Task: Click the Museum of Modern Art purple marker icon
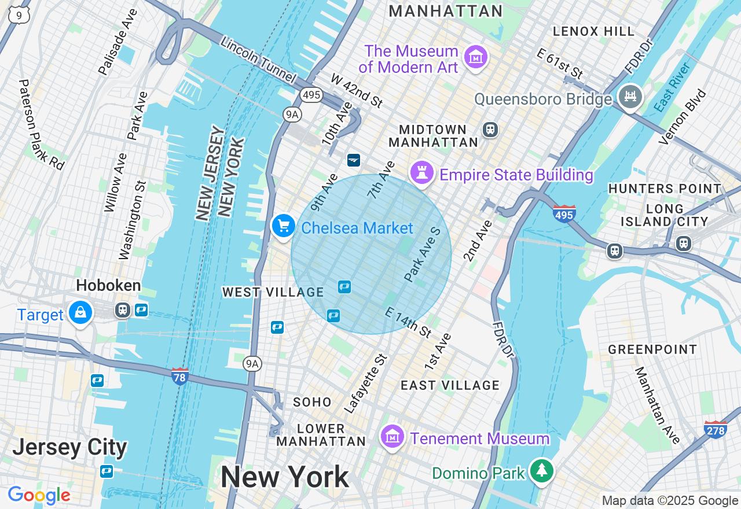pyautogui.click(x=476, y=57)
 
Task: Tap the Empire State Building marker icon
pyautogui.click(x=422, y=172)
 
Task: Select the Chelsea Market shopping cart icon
pyautogui.click(x=283, y=226)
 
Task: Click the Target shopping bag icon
pyautogui.click(x=80, y=313)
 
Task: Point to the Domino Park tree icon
pyautogui.click(x=541, y=471)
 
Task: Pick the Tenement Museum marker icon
pyautogui.click(x=392, y=437)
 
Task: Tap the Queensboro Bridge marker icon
pyautogui.click(x=630, y=96)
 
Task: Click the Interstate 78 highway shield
pyautogui.click(x=180, y=377)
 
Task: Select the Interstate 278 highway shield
pyautogui.click(x=716, y=429)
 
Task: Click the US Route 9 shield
pyautogui.click(x=19, y=15)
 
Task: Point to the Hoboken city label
pyautogui.click(x=108, y=285)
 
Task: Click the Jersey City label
pyautogui.click(x=69, y=447)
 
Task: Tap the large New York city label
pyautogui.click(x=284, y=477)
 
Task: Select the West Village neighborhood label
pyautogui.click(x=273, y=292)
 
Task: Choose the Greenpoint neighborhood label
pyautogui.click(x=652, y=349)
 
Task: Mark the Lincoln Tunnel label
pyautogui.click(x=258, y=60)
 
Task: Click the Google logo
pyautogui.click(x=39, y=495)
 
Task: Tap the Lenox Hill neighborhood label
pyautogui.click(x=593, y=31)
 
